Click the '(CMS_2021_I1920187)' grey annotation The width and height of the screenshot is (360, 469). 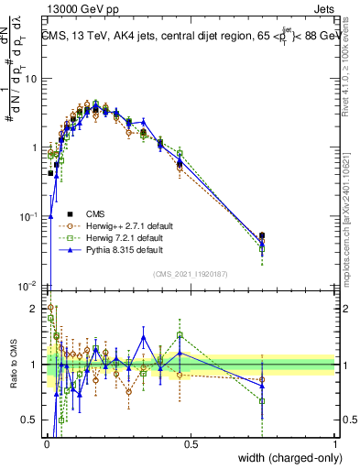click(190, 273)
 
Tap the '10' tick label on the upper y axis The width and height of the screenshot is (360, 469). click(30, 79)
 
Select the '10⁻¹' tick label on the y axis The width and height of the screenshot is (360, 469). click(28, 217)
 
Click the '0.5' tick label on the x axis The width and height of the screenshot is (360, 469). click(191, 444)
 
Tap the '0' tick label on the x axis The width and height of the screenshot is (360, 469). click(47, 444)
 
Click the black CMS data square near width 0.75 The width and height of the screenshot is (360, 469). click(262, 235)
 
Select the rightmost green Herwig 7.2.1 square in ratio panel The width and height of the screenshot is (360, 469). click(262, 401)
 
